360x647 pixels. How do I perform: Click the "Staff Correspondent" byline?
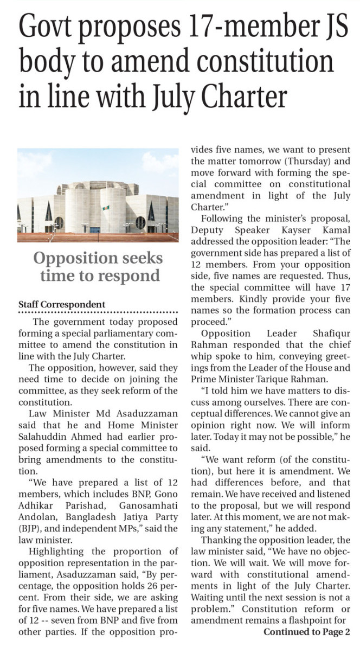click(62, 304)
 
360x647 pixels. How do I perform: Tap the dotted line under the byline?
click(98, 312)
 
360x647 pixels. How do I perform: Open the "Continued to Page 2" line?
click(306, 632)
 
